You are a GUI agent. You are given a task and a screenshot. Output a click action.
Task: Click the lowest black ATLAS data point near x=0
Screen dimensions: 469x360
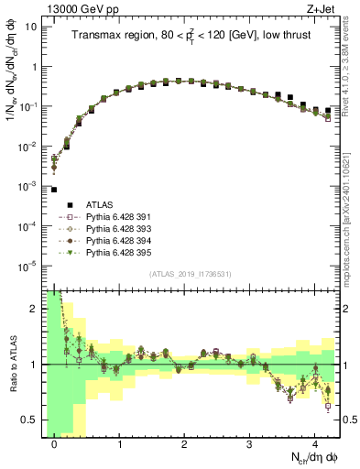54,190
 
